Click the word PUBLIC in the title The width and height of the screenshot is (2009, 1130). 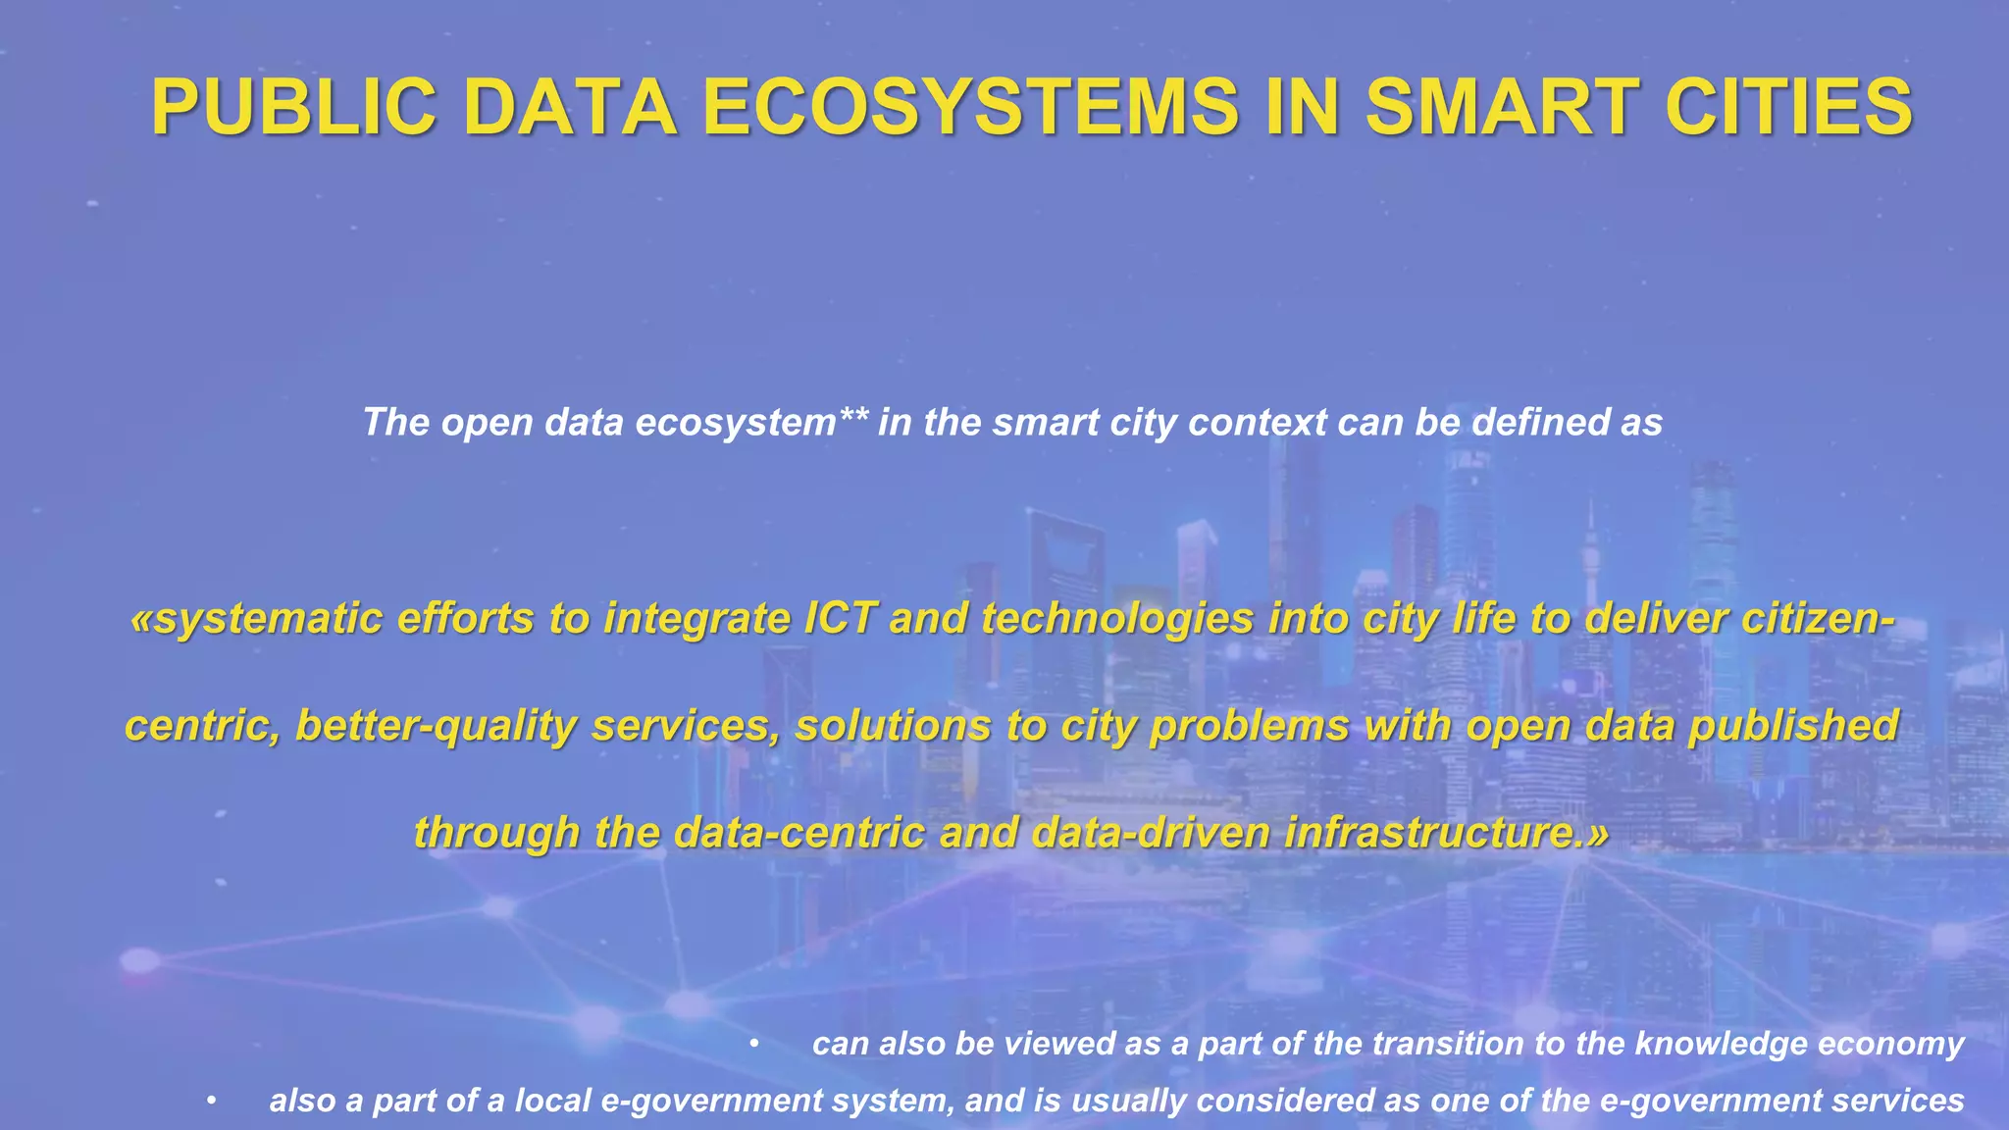293,107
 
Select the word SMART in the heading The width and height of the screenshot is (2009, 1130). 1500,107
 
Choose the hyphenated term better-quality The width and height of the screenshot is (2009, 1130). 436,727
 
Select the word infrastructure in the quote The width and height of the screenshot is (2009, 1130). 1428,833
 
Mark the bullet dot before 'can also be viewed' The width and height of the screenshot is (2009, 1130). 753,1044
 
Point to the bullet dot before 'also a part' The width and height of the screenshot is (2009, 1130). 211,1101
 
